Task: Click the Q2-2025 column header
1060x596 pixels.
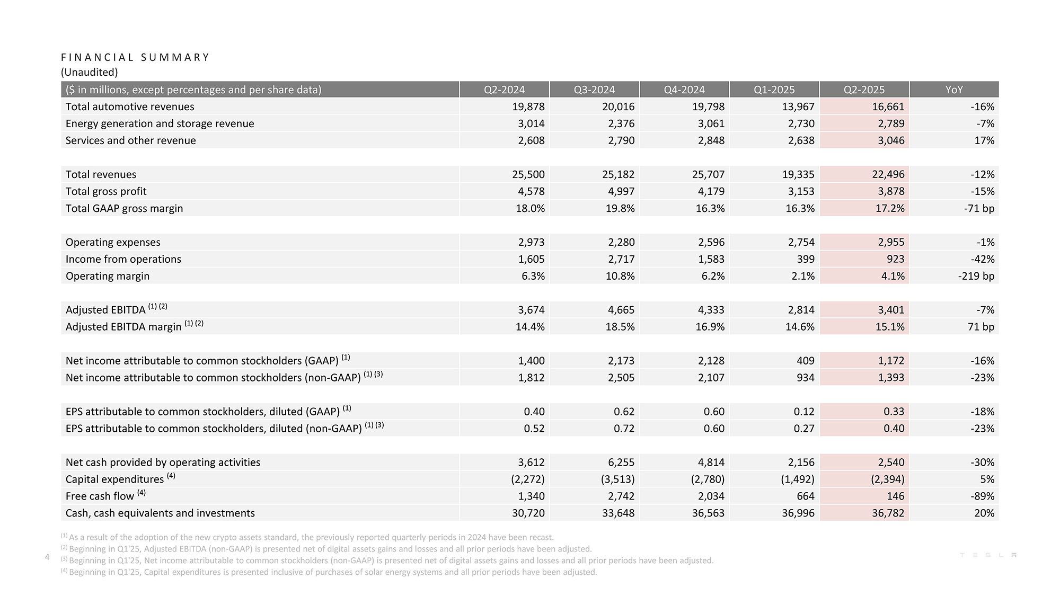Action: click(864, 90)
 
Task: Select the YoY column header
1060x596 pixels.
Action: click(954, 90)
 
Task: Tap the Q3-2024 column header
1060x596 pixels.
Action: click(594, 90)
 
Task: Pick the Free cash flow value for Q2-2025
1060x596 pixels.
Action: click(895, 496)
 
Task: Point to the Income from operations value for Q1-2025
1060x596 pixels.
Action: click(805, 259)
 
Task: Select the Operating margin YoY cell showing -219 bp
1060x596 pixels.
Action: click(976, 276)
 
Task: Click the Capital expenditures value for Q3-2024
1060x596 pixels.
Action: click(617, 479)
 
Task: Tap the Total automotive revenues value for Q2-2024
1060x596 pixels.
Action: click(528, 106)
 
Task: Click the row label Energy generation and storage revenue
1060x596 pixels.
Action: click(160, 124)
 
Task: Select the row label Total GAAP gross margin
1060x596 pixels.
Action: click(125, 209)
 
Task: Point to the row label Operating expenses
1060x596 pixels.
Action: click(113, 243)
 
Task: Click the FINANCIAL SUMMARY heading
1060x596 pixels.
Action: click(135, 57)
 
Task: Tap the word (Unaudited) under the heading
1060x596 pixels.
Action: click(90, 72)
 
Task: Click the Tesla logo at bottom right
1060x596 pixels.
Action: click(988, 555)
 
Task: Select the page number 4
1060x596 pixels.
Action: click(47, 557)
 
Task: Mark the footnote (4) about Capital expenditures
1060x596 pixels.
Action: click(329, 572)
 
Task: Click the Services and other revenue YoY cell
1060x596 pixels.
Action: click(984, 140)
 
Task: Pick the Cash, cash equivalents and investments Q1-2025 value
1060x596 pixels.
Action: click(798, 513)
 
